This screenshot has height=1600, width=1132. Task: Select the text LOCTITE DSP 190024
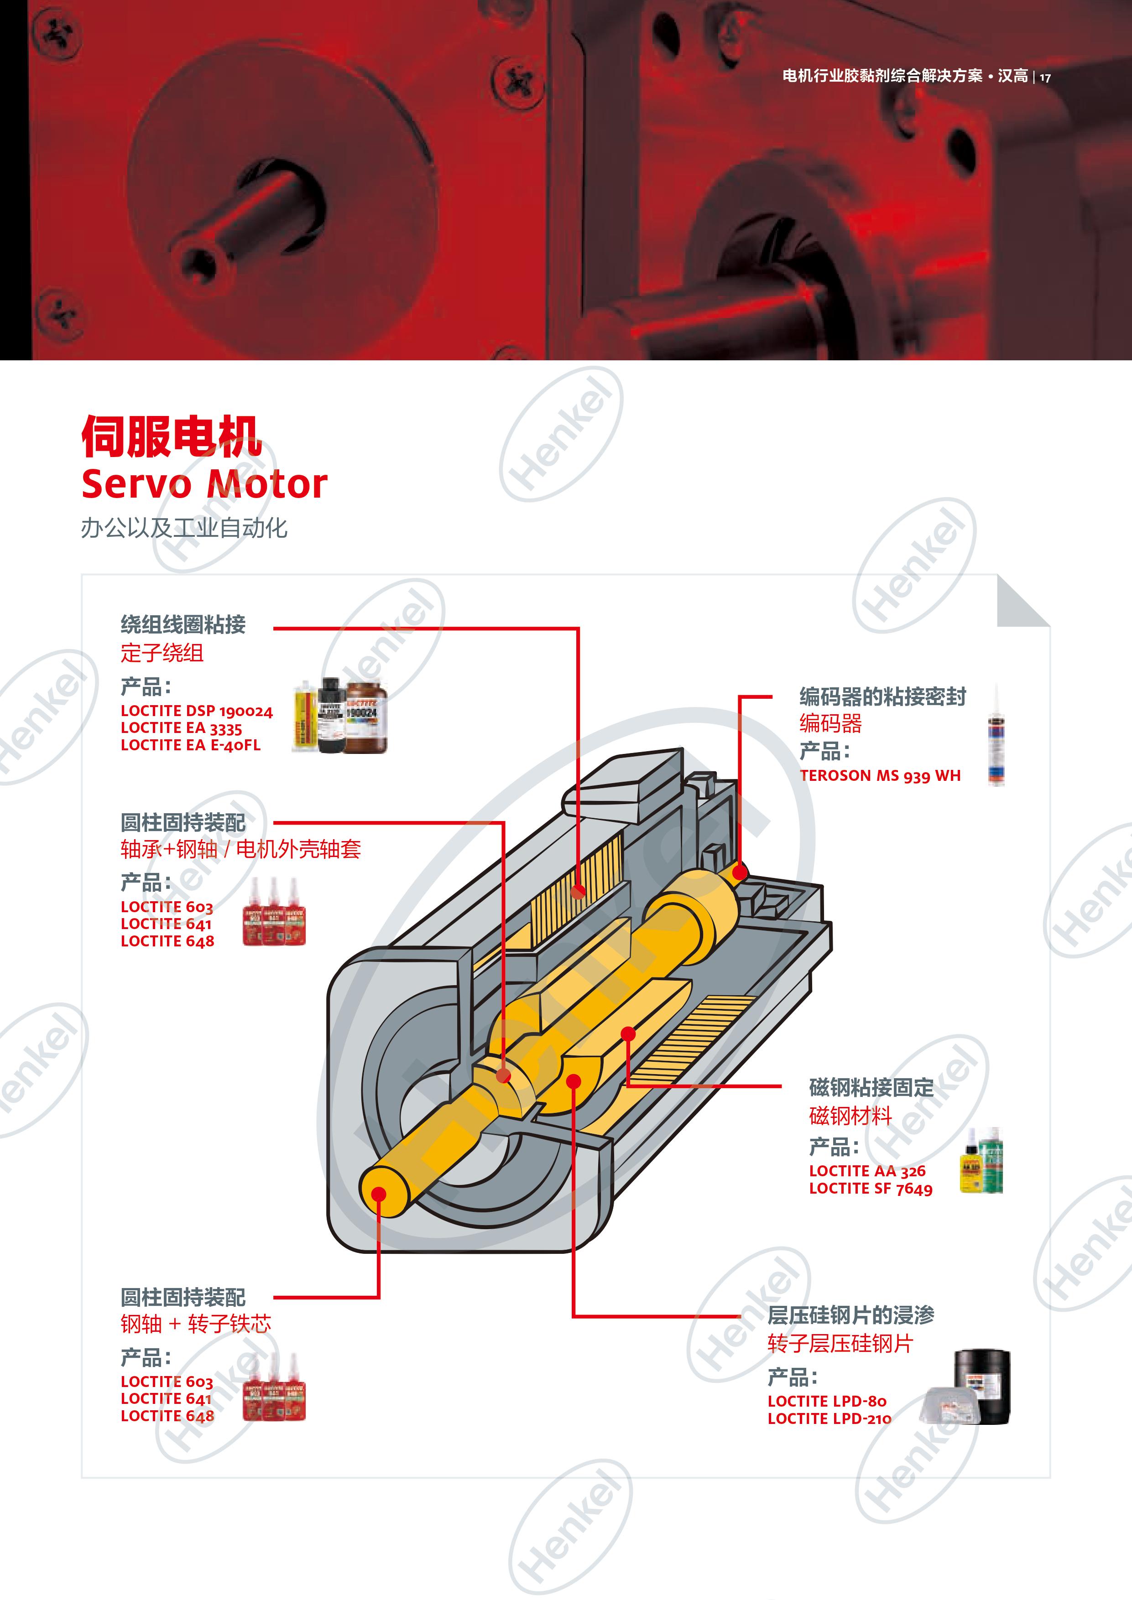[197, 711]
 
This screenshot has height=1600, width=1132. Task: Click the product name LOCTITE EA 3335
[181, 728]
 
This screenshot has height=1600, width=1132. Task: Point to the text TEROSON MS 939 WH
[880, 776]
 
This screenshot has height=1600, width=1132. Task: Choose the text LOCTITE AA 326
[867, 1171]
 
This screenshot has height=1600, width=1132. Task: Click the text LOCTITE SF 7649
[871, 1188]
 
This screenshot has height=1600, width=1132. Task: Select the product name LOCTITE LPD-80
[827, 1401]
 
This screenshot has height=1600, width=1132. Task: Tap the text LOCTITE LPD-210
[829, 1418]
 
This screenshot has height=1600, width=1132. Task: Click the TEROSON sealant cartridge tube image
[996, 735]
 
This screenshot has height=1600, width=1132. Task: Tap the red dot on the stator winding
[578, 891]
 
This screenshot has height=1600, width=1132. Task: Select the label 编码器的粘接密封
[882, 696]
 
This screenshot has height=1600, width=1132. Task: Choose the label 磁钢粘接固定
[871, 1087]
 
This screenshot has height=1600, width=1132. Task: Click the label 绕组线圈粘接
[183, 624]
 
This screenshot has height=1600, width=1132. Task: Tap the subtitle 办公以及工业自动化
[184, 528]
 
